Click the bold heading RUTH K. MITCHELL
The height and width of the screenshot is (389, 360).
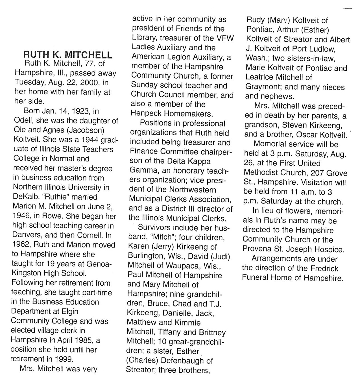point(68,54)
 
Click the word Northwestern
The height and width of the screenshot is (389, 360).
point(193,190)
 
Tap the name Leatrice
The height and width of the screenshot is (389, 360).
point(259,77)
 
